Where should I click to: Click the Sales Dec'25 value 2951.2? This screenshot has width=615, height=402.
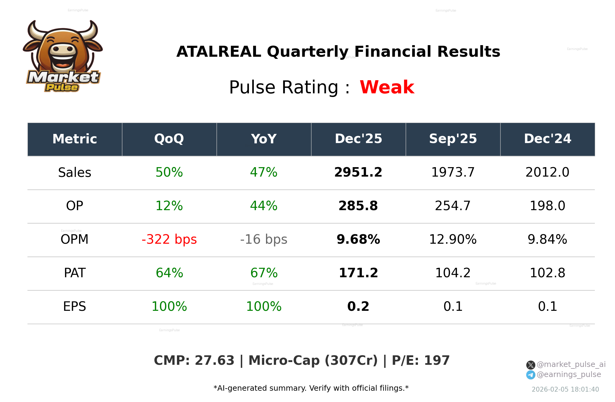[x=358, y=172]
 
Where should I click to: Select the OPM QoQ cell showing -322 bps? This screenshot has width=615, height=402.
[x=169, y=239]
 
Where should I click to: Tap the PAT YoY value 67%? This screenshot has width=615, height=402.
[x=264, y=273]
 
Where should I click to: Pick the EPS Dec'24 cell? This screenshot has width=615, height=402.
[x=547, y=307]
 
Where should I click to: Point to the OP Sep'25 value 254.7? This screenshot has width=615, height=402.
[x=453, y=206]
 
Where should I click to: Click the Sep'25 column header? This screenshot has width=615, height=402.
[x=453, y=139]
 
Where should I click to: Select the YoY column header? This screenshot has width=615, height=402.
[x=264, y=139]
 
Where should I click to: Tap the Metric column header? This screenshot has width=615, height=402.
[x=75, y=139]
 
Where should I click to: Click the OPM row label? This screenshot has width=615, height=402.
[x=74, y=239]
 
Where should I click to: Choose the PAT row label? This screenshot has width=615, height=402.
[x=75, y=273]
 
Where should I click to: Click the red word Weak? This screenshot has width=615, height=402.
[x=387, y=87]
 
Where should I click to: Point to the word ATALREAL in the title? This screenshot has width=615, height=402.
[x=219, y=52]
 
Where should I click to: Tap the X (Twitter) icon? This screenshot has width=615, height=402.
[x=530, y=365]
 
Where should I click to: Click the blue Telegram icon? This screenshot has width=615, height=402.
[x=530, y=375]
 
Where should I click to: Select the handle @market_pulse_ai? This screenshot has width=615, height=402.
[x=571, y=364]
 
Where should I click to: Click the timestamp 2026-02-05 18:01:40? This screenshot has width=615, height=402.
[x=565, y=389]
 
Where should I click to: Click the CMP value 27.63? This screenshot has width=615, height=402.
[x=214, y=361]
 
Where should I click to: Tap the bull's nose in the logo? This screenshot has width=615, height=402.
[x=63, y=49]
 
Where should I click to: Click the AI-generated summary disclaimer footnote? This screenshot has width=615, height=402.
[x=311, y=388]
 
